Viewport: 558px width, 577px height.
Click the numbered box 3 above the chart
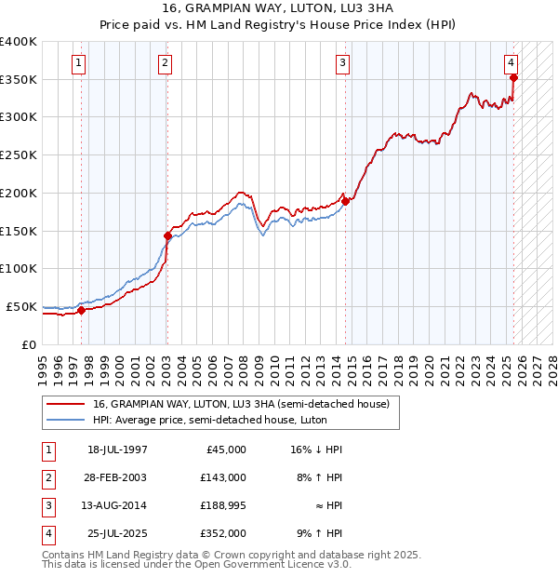343,63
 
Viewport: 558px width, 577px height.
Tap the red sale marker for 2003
168,235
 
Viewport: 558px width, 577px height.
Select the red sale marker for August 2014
345,200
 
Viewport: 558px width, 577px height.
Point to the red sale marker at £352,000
513,77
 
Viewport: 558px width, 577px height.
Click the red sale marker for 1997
82,310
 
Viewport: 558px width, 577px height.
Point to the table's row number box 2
46,477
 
